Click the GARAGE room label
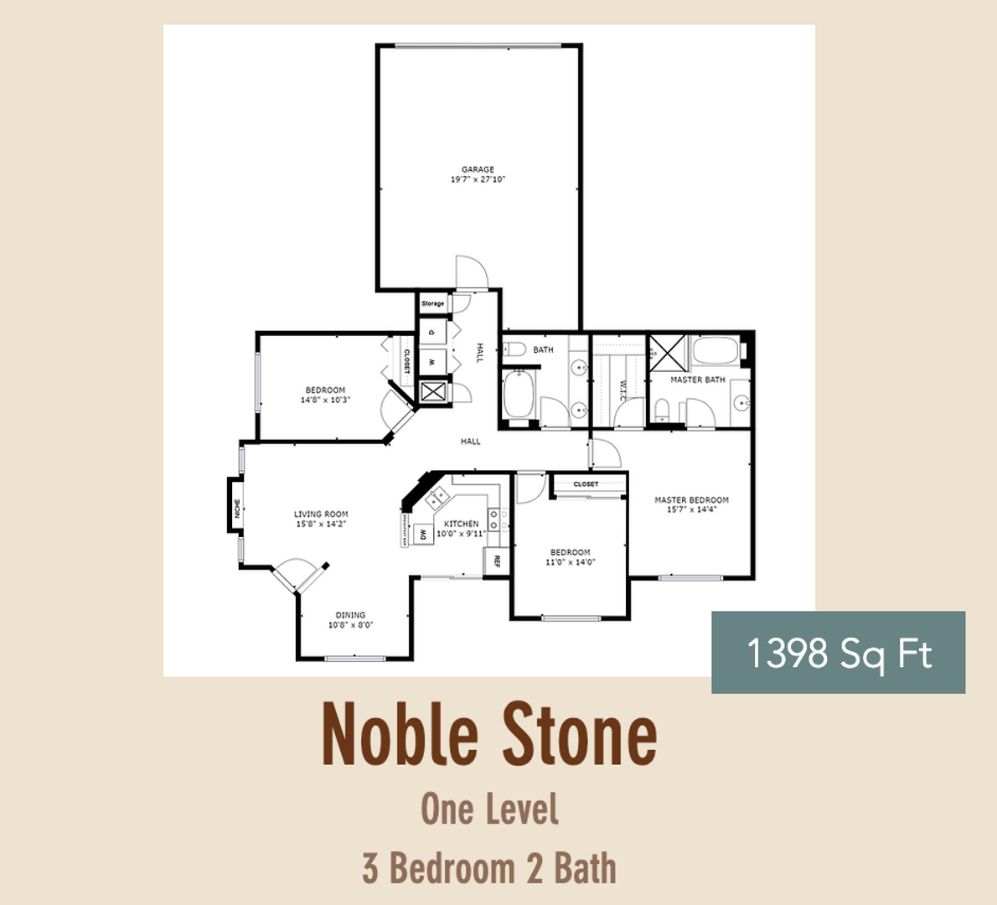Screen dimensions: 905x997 [x=478, y=169]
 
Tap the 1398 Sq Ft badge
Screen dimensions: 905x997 [x=838, y=653]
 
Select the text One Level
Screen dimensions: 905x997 [x=489, y=809]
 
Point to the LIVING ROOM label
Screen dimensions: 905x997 [x=321, y=515]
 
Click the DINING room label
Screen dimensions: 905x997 [x=350, y=615]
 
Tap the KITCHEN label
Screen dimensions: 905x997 [x=462, y=524]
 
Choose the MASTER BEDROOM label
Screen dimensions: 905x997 [x=691, y=500]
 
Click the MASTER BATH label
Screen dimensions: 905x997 [x=697, y=380]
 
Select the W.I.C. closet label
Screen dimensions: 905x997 [x=622, y=390]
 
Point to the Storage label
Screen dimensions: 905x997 [x=432, y=303]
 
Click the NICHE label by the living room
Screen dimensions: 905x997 [x=237, y=508]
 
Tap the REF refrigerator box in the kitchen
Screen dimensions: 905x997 [x=497, y=561]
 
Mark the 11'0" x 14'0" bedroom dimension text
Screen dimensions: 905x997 [x=570, y=562]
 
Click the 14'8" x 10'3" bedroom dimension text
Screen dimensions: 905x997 [x=325, y=400]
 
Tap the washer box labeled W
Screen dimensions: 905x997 [x=432, y=362]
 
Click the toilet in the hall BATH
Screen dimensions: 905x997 [x=514, y=349]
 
